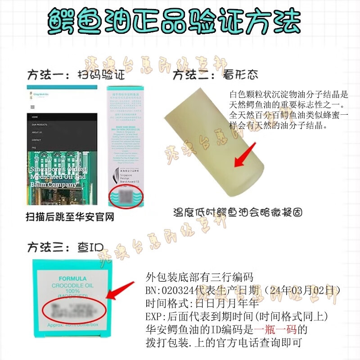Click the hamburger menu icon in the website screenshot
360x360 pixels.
point(32,108)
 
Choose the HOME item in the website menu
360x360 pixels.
point(35,117)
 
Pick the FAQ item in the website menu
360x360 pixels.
point(34,147)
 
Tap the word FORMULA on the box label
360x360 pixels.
point(72,279)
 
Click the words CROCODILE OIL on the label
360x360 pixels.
point(72,285)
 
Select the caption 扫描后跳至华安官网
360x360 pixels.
point(70,216)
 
